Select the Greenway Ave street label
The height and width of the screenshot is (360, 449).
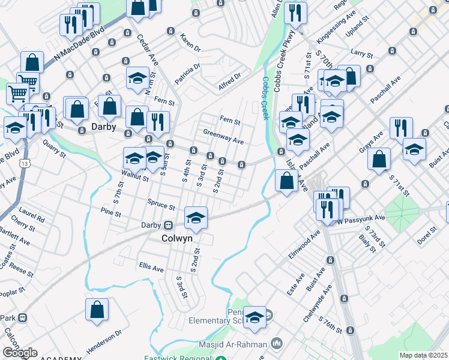(x=223, y=137)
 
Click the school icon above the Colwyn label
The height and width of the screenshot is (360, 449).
(x=196, y=219)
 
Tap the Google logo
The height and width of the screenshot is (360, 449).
(x=19, y=353)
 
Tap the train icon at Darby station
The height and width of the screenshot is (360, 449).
(x=169, y=226)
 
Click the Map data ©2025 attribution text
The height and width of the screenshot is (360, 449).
(x=423, y=355)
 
